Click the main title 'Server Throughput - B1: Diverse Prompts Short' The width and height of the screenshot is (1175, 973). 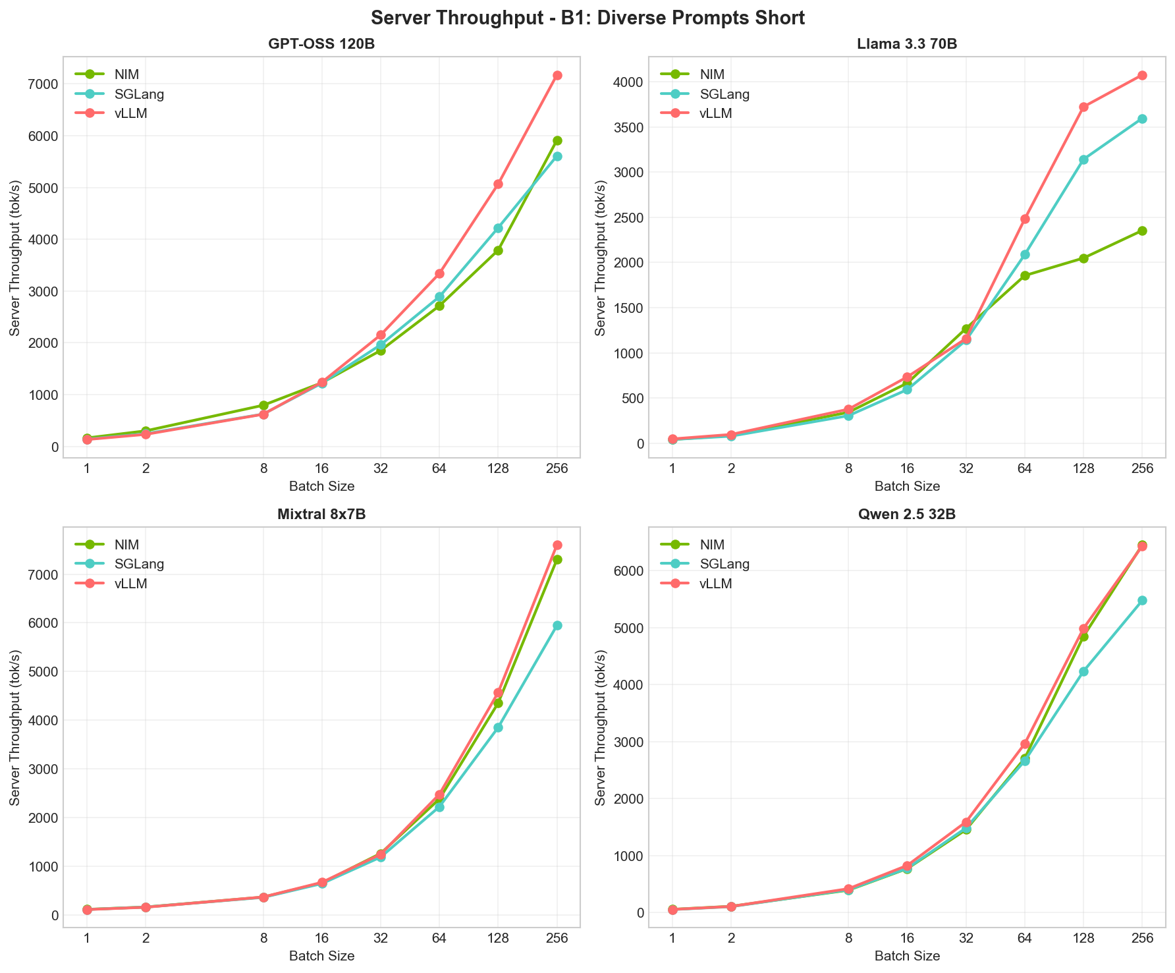(587, 18)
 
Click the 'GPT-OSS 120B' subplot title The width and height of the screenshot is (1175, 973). (321, 44)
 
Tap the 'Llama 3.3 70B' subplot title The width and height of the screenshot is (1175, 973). (907, 44)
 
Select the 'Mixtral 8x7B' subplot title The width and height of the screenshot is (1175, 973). (321, 515)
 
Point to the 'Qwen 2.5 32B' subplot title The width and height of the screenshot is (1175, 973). (907, 515)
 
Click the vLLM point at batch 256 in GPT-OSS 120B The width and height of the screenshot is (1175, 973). (557, 75)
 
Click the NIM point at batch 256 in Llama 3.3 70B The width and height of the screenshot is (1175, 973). (1142, 231)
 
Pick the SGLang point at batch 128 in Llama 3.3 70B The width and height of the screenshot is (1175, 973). (1083, 159)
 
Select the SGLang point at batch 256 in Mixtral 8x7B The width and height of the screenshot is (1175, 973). (557, 625)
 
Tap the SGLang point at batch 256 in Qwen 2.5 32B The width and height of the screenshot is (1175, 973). (1142, 600)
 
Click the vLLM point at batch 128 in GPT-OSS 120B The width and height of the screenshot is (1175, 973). (498, 184)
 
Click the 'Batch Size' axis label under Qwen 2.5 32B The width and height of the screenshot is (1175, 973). (907, 956)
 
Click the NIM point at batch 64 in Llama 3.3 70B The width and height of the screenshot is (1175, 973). (1025, 275)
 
